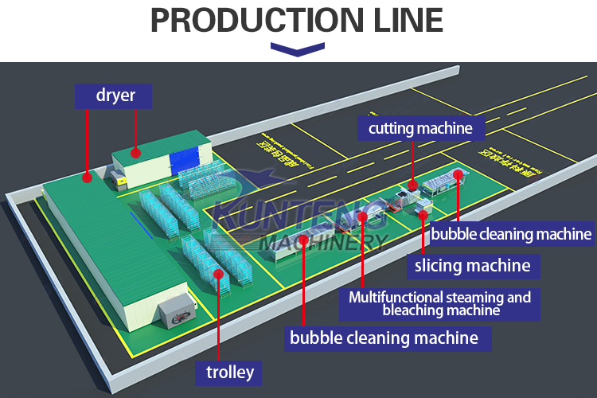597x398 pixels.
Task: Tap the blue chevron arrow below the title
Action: point(298,49)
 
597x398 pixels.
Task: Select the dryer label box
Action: point(115,96)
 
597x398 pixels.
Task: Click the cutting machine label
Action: point(420,127)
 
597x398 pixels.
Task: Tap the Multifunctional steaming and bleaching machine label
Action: point(440,303)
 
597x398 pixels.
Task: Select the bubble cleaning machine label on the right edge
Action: point(511,234)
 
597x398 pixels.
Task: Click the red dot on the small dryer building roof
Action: point(136,151)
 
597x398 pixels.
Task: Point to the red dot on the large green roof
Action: point(87,179)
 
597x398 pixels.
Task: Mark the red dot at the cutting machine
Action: point(412,185)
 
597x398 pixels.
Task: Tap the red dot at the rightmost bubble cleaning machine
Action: point(458,174)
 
